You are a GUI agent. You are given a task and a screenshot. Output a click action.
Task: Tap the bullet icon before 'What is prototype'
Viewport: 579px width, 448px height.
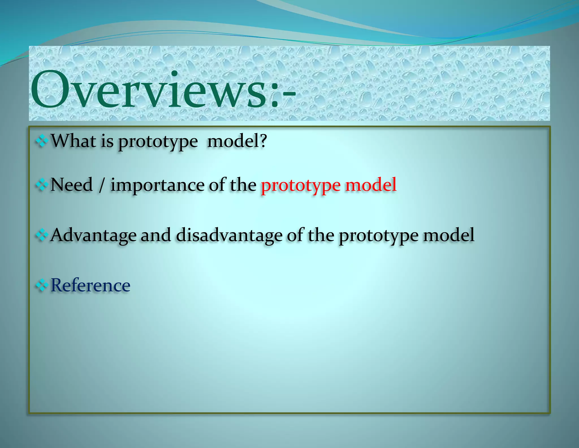pyautogui.click(x=42, y=141)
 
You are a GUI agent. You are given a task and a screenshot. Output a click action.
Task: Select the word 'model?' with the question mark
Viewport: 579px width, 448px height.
pyautogui.click(x=237, y=141)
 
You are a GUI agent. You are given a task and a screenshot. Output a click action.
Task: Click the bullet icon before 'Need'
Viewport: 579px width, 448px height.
pyautogui.click(x=42, y=185)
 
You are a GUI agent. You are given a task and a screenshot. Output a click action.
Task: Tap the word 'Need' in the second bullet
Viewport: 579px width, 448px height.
pyautogui.click(x=72, y=185)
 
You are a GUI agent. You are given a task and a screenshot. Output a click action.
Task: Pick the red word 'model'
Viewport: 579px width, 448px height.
pyautogui.click(x=371, y=185)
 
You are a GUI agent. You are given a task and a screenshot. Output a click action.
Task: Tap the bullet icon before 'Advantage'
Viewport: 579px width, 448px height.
pyautogui.click(x=42, y=235)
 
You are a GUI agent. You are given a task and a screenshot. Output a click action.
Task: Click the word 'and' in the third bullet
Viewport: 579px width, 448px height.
pyautogui.click(x=156, y=235)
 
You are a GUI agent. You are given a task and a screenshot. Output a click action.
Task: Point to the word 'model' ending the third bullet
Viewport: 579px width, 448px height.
pyautogui.click(x=449, y=235)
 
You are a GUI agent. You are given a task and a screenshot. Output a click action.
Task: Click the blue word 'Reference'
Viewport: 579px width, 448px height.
pyautogui.click(x=90, y=285)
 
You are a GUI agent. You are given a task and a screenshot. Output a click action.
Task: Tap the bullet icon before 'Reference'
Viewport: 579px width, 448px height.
pyautogui.click(x=42, y=286)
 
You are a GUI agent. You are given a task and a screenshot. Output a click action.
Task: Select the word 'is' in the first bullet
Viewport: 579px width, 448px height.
pyautogui.click(x=107, y=141)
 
